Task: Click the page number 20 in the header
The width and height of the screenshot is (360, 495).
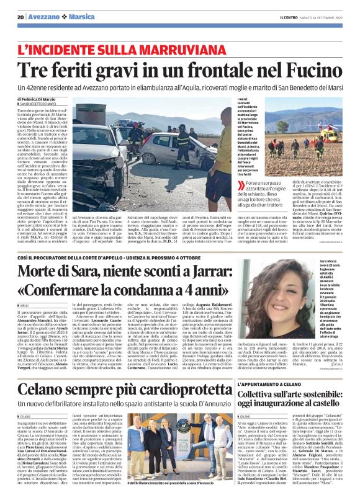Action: coord(21,17)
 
